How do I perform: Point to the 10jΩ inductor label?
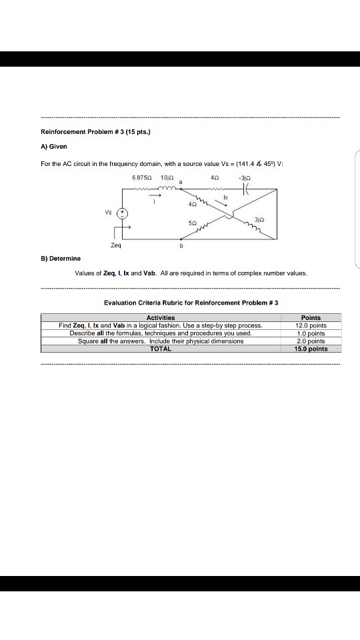click(x=167, y=178)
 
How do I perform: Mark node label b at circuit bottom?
click(x=181, y=245)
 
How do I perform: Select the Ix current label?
click(x=225, y=199)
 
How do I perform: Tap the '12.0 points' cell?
click(x=311, y=325)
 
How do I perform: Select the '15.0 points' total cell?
click(x=311, y=349)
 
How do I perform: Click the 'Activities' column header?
click(x=160, y=318)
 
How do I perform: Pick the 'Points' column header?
click(x=311, y=318)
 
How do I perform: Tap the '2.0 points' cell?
click(x=311, y=341)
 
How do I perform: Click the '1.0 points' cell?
click(x=311, y=333)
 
